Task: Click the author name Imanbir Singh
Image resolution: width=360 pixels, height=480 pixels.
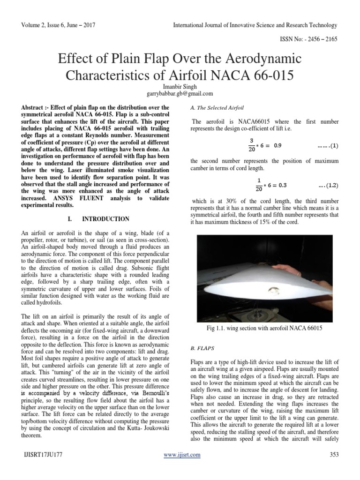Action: [x=180, y=87]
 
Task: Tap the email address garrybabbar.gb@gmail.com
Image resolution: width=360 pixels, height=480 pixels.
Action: [x=180, y=94]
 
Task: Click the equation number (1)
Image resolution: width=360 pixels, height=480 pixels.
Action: [x=328, y=146]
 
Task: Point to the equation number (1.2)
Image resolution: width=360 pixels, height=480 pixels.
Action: [x=328, y=185]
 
